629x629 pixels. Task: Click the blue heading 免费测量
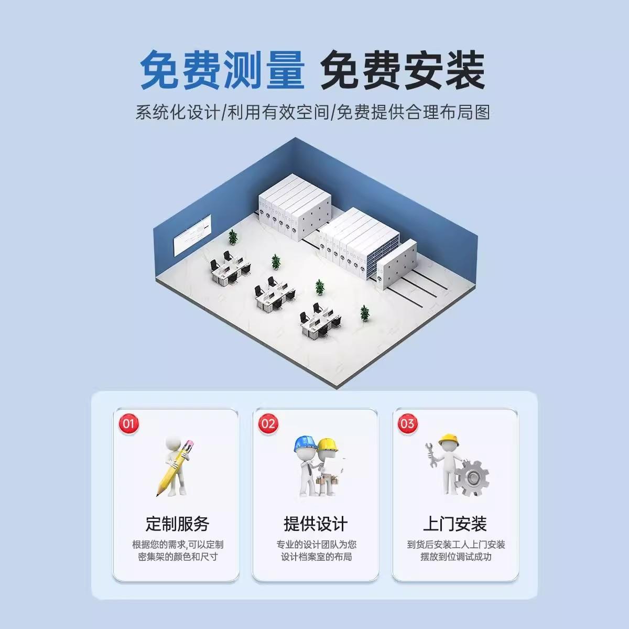click(222, 70)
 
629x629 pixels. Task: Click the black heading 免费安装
click(403, 70)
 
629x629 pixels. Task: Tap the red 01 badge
click(128, 424)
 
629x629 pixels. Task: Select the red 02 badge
click(268, 424)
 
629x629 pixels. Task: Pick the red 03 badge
click(407, 424)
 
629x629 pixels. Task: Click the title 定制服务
click(177, 523)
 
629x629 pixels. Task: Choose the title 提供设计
click(316, 523)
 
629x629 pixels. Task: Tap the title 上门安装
click(455, 523)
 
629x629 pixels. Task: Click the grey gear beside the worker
click(471, 478)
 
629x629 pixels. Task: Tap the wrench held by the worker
click(432, 453)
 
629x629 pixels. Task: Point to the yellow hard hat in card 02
click(328, 444)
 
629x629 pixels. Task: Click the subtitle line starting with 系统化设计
click(313, 112)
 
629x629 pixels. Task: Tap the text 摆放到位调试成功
click(456, 557)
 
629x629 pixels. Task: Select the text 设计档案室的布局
click(316, 557)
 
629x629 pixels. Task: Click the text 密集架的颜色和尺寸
click(178, 557)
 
